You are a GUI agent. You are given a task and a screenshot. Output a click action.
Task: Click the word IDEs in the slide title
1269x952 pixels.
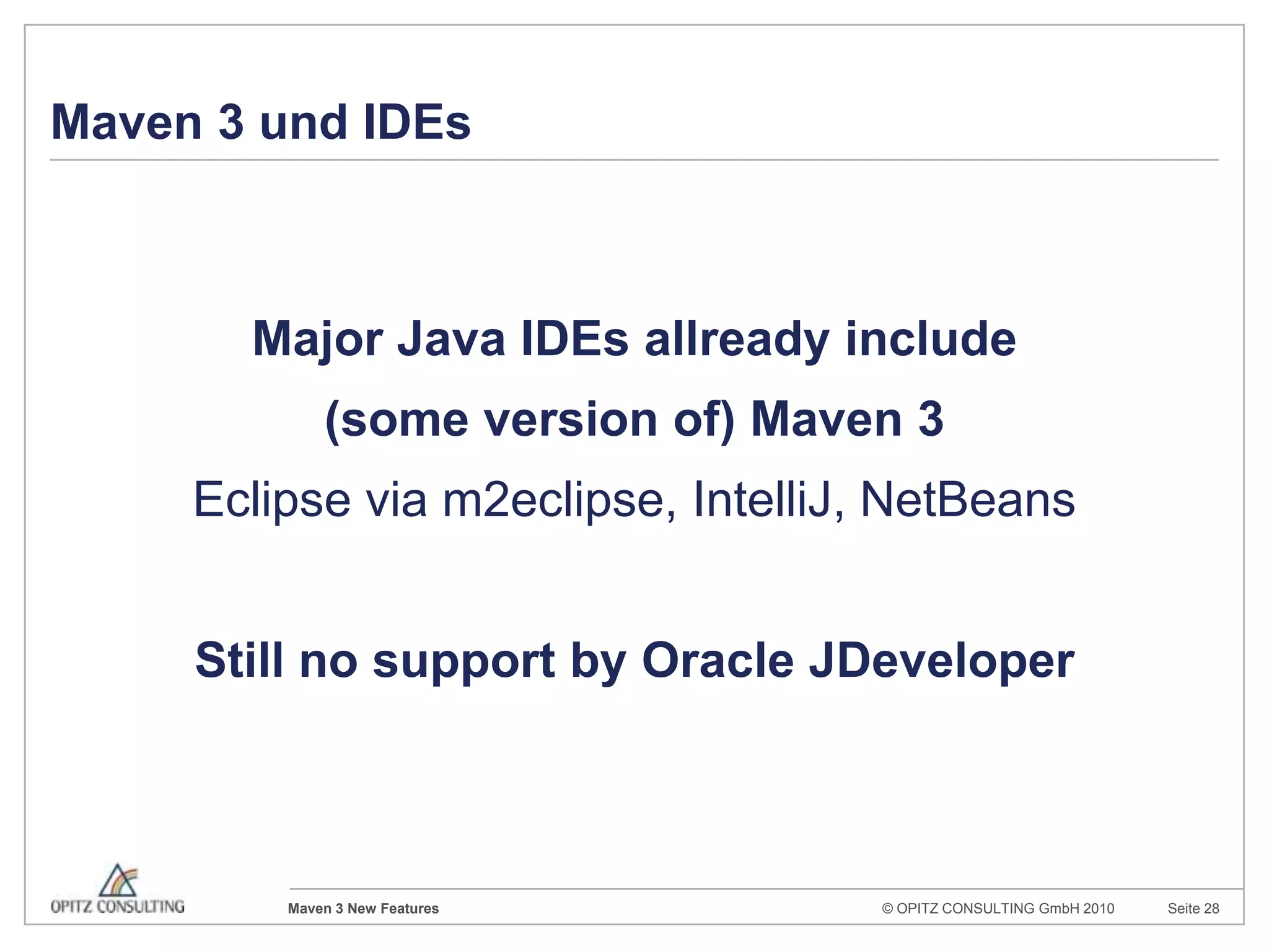(417, 122)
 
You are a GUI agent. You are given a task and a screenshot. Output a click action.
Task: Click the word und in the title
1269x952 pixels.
(303, 122)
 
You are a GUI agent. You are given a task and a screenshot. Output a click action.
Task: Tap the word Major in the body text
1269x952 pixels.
(318, 340)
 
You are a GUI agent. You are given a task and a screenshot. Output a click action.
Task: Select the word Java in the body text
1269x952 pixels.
(451, 340)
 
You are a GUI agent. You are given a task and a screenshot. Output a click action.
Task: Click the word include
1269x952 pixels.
(931, 340)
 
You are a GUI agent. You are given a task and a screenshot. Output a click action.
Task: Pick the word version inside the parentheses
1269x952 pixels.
(570, 420)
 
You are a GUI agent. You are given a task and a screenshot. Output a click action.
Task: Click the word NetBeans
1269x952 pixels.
(967, 500)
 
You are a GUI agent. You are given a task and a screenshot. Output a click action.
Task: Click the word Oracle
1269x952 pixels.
(718, 661)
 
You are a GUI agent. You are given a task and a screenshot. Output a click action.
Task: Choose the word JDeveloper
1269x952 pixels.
(941, 661)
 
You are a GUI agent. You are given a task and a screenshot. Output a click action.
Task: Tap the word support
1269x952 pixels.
(463, 661)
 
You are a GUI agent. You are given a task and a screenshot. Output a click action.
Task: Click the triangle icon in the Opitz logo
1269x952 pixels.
(117, 881)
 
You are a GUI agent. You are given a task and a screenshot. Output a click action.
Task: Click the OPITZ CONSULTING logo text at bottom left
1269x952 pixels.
(118, 907)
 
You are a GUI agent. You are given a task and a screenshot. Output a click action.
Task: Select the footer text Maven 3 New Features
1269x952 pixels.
(363, 909)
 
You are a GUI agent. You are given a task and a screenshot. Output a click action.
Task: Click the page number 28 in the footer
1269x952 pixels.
(1211, 909)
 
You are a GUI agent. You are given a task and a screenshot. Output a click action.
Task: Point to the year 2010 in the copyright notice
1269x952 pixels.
(1099, 909)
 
